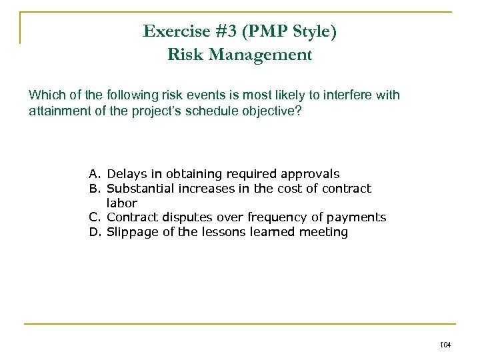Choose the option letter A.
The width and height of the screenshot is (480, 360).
point(95,174)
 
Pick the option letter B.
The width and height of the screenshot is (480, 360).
point(95,189)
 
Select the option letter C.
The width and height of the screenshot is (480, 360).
point(95,217)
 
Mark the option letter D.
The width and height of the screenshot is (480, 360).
point(95,232)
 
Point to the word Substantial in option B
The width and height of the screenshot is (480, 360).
point(139,189)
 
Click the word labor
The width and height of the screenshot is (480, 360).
point(122,203)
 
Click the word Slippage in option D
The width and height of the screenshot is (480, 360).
point(132,232)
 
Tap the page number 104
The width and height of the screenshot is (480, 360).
point(446,345)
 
